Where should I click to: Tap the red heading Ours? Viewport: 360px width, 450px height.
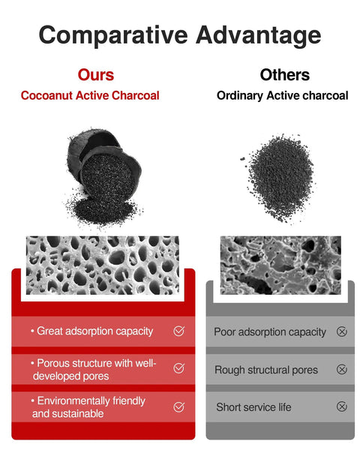pyautogui.click(x=96, y=75)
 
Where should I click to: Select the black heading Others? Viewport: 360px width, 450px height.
pyautogui.click(x=284, y=75)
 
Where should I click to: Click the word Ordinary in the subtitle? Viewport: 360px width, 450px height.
pyautogui.click(x=240, y=96)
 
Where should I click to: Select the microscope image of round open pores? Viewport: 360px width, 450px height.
pyautogui.click(x=103, y=265)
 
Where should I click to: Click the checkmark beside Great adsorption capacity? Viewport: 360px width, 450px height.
pyautogui.click(x=178, y=331)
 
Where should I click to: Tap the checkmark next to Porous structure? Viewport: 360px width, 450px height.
pyautogui.click(x=178, y=368)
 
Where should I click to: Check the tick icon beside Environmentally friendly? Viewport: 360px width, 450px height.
pyautogui.click(x=178, y=406)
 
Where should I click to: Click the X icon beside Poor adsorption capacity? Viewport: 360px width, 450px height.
pyautogui.click(x=342, y=331)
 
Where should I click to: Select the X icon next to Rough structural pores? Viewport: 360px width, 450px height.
pyautogui.click(x=342, y=369)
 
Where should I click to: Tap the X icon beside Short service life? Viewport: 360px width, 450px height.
pyautogui.click(x=342, y=406)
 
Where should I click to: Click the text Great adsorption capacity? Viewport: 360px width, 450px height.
pyautogui.click(x=94, y=331)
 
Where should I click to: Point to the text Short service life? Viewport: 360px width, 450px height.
pyautogui.click(x=253, y=407)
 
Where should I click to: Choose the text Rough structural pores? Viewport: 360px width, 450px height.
pyautogui.click(x=266, y=370)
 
